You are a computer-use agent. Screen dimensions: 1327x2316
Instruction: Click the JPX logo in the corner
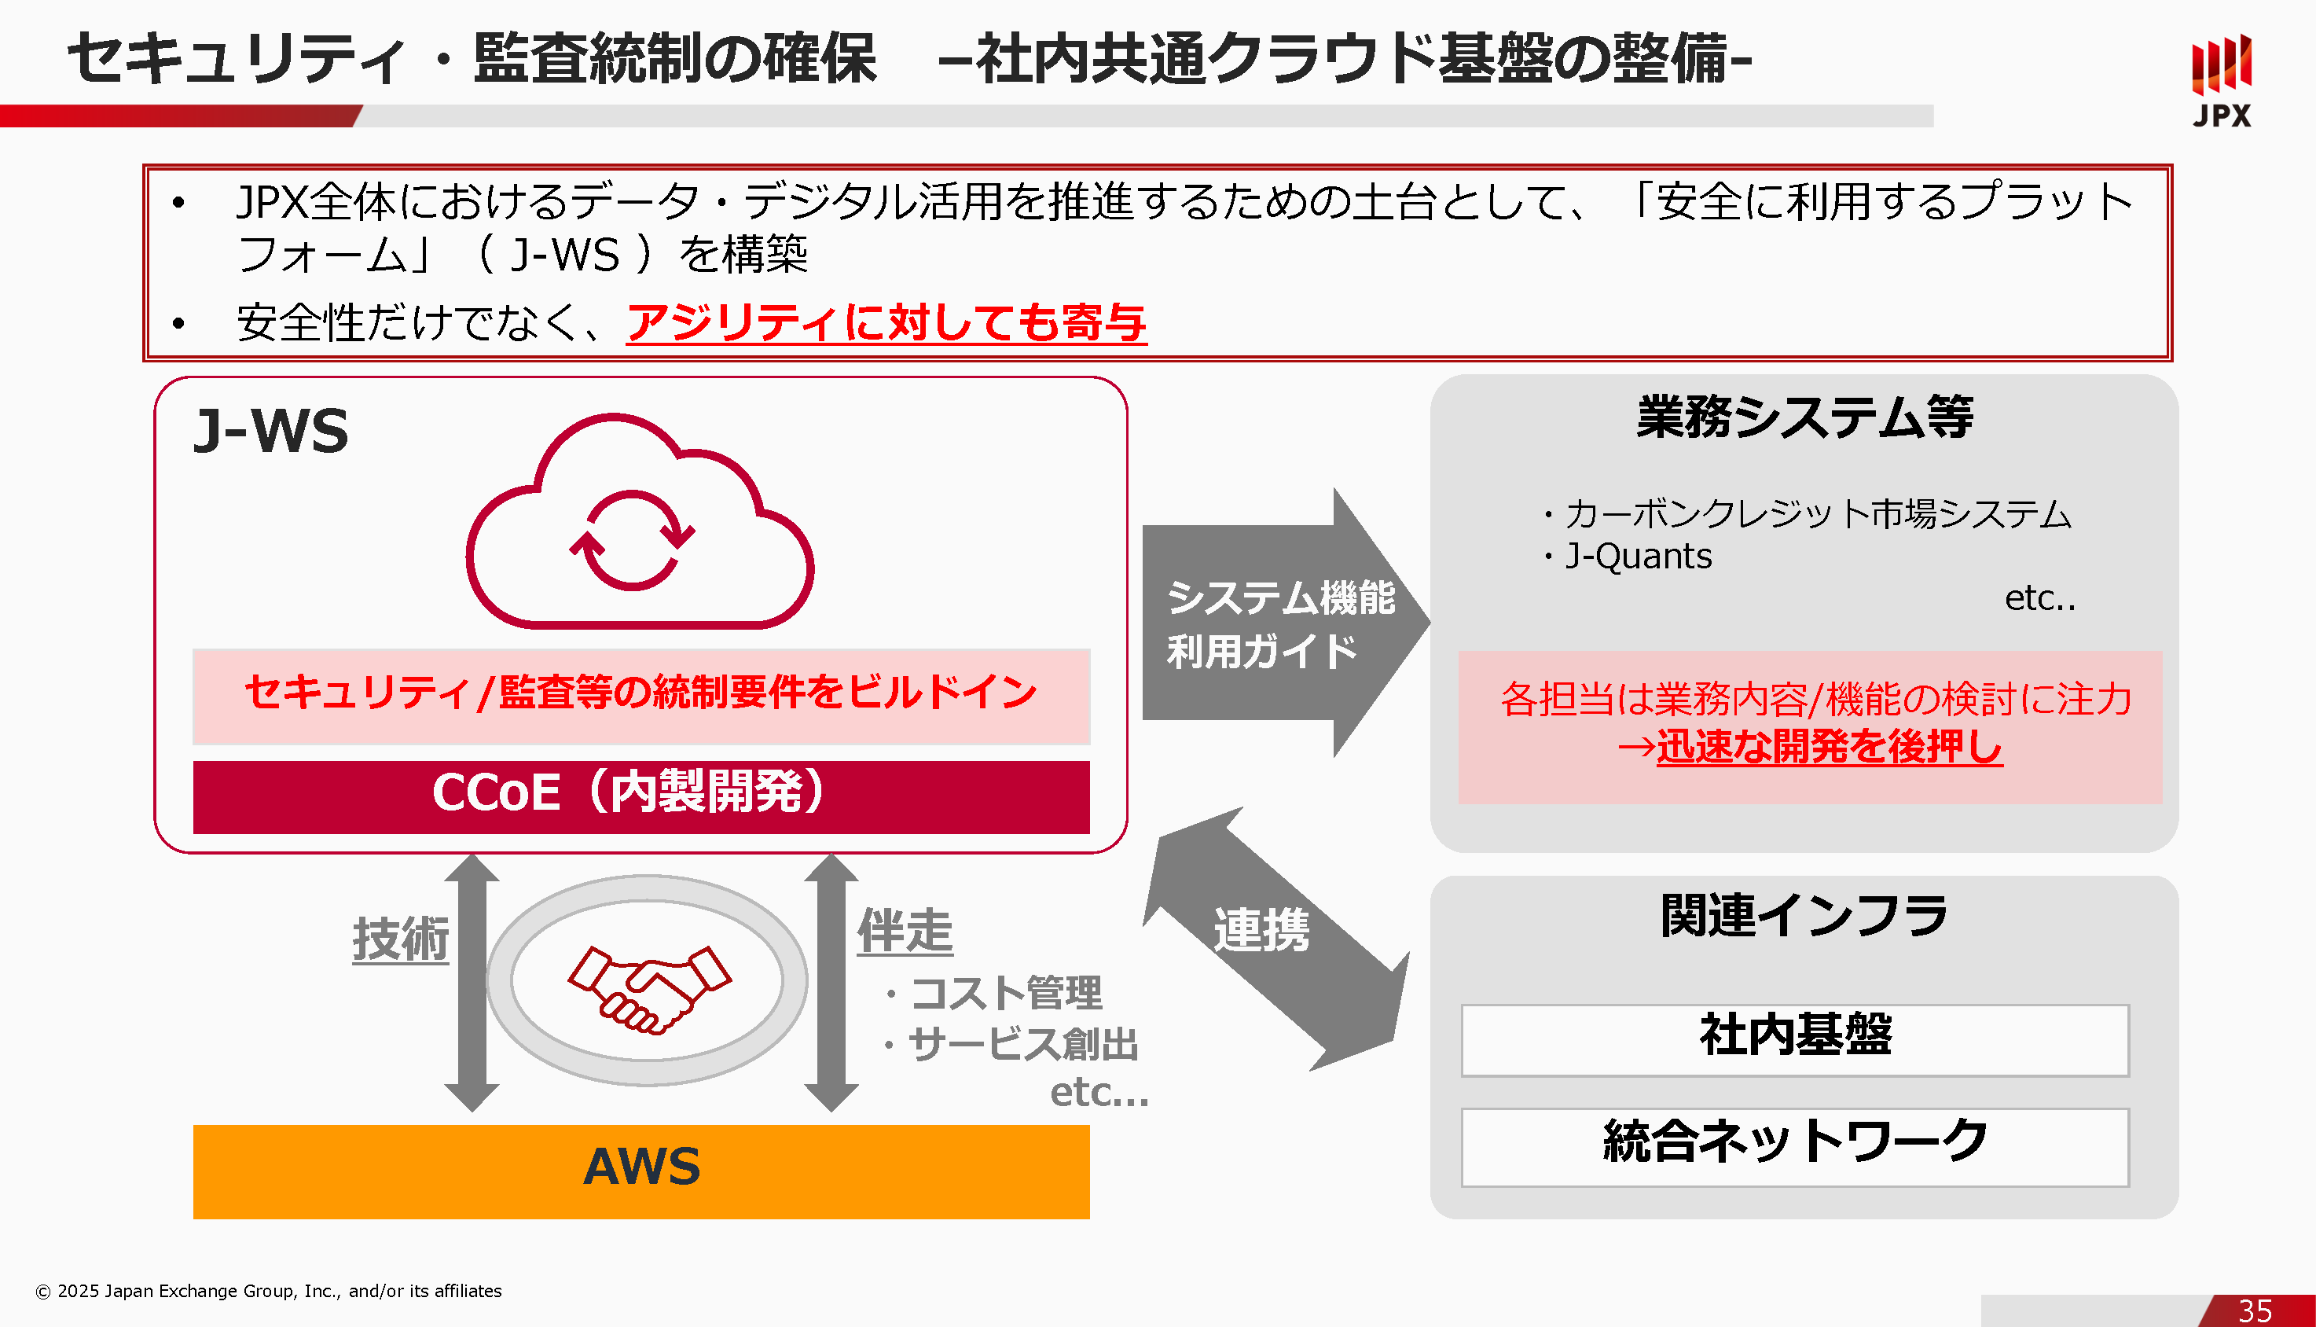click(2220, 80)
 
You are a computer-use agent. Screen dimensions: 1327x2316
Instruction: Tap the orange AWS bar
click(640, 1171)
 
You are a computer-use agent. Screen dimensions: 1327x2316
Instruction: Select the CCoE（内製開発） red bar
click(640, 796)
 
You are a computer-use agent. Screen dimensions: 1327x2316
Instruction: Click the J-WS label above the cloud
click(270, 430)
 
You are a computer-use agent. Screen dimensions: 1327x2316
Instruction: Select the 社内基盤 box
click(1794, 1039)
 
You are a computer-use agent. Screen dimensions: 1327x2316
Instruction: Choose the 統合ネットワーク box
click(1794, 1145)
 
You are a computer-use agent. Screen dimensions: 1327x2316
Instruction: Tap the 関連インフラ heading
click(1803, 916)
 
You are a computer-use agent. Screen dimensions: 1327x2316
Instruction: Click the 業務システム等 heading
click(1803, 417)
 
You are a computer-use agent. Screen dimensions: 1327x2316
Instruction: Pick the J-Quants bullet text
click(1637, 556)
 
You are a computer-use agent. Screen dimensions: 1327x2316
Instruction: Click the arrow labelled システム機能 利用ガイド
click(1281, 623)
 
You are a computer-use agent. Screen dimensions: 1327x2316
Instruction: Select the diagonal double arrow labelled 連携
click(1275, 939)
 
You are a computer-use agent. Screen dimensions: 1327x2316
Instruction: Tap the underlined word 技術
click(400, 939)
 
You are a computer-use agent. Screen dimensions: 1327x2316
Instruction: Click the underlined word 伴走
click(904, 932)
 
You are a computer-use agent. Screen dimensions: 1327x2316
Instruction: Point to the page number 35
click(2254, 1310)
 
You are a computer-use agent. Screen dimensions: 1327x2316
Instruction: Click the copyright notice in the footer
click(269, 1291)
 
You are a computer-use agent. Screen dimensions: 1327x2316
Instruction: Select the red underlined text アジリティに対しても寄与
click(886, 322)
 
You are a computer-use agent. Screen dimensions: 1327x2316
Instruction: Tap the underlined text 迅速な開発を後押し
click(1829, 747)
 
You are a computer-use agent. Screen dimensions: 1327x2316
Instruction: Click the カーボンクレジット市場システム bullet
click(1817, 514)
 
